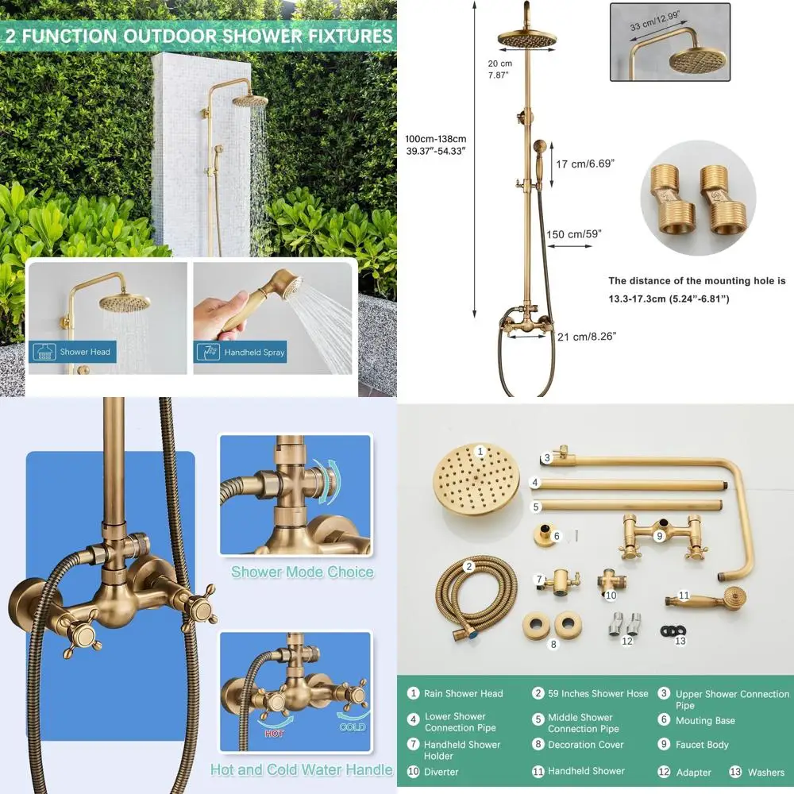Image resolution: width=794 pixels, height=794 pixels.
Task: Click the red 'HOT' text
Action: point(275,733)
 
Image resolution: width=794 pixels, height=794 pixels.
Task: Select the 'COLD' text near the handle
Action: point(353,727)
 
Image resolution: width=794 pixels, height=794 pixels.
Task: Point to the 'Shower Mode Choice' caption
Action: point(302,572)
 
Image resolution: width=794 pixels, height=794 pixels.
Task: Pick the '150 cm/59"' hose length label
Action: point(574,233)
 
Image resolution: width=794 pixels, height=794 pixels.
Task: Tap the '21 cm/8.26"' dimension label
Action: point(586,337)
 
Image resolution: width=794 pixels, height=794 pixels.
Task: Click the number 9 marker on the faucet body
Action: point(659,536)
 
